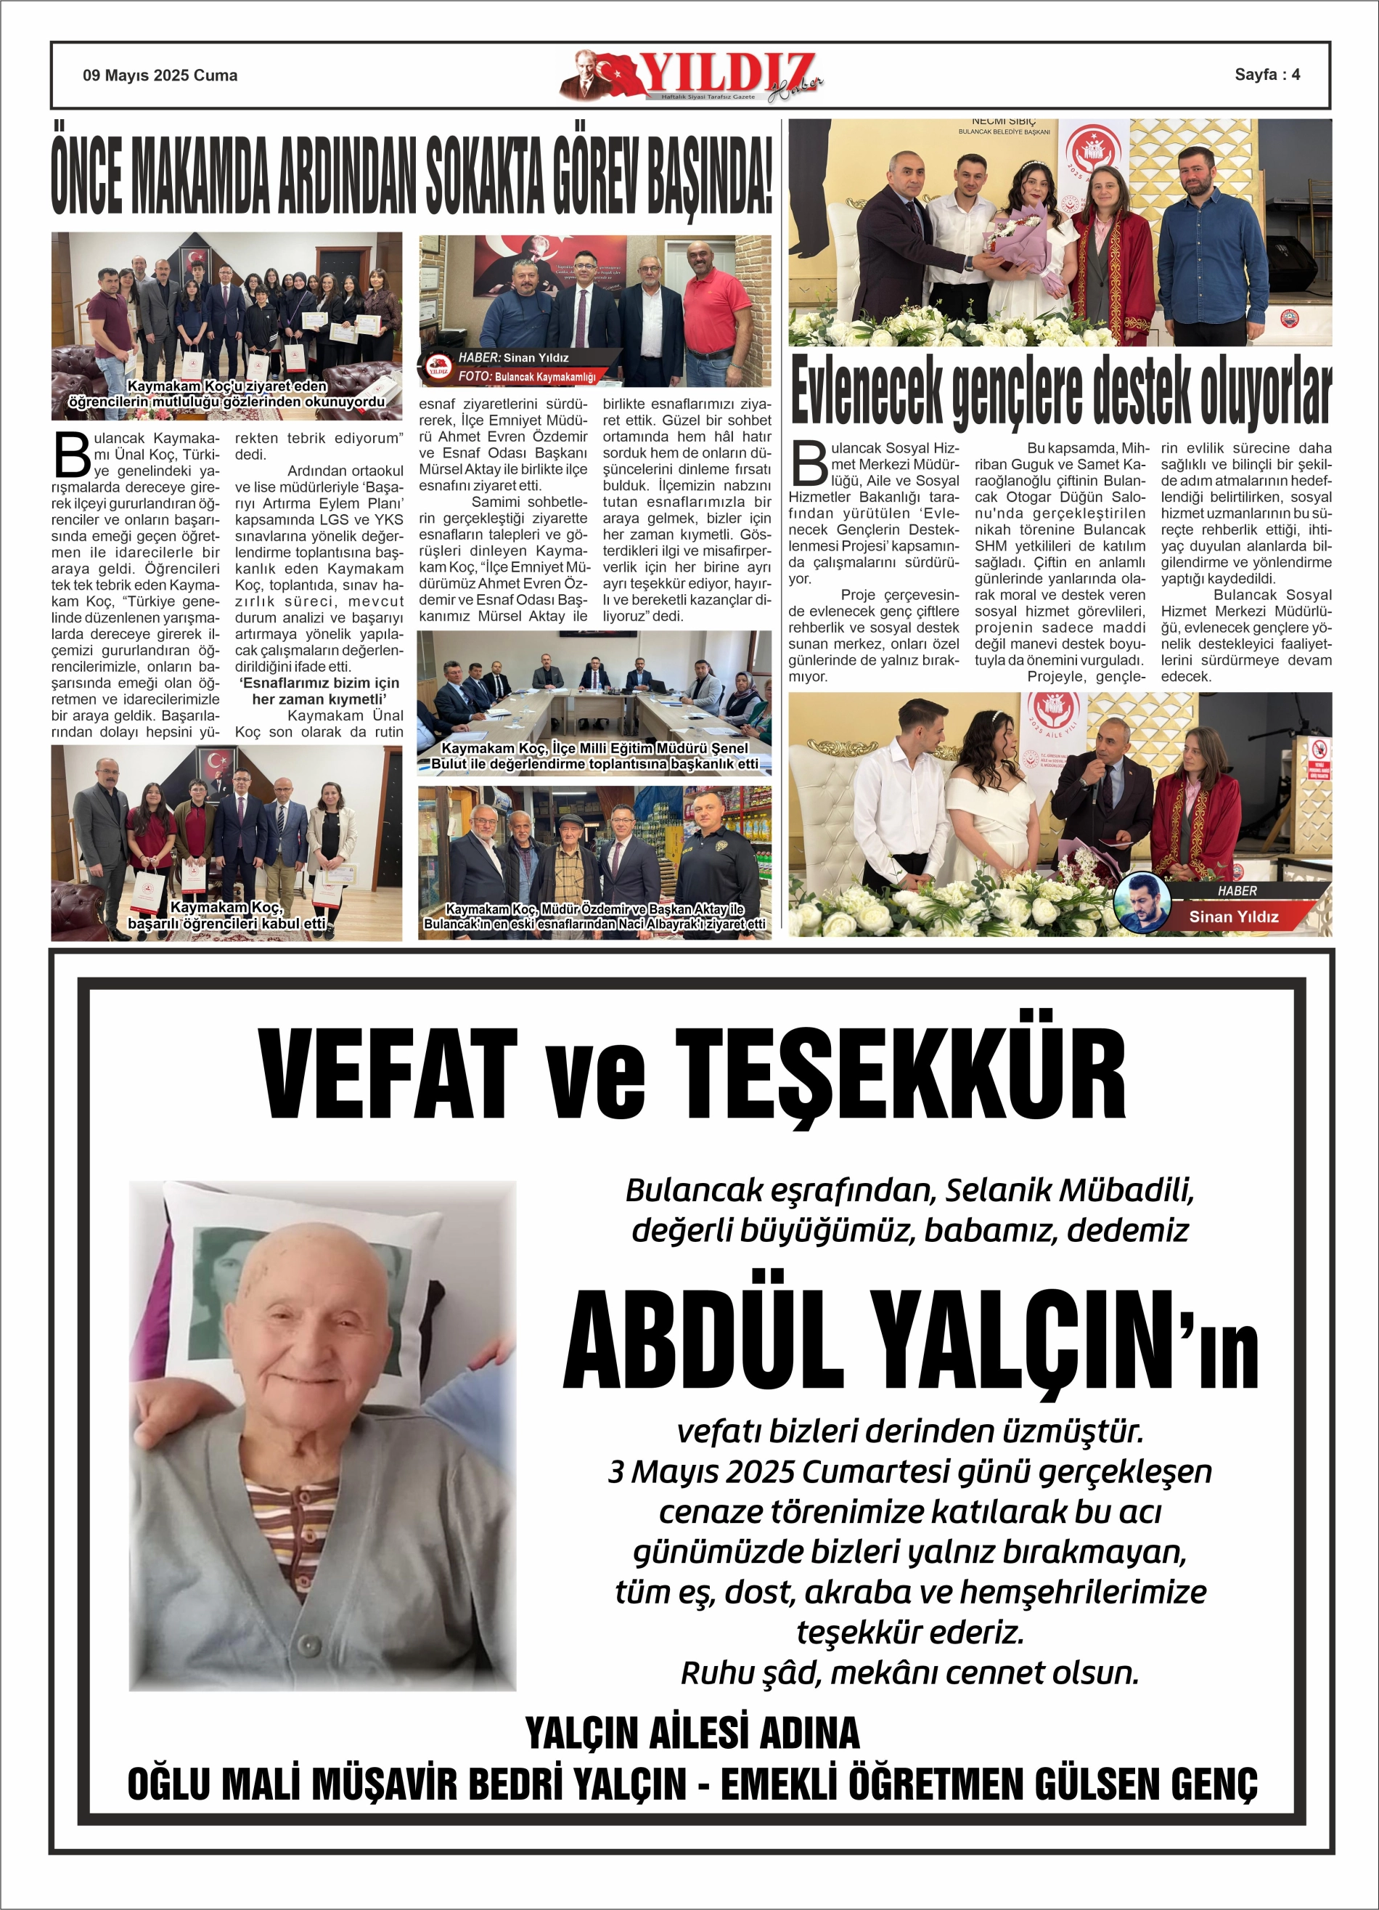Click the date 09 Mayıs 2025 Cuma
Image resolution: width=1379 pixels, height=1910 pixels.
pos(160,75)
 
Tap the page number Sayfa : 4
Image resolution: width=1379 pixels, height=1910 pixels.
pos(1267,74)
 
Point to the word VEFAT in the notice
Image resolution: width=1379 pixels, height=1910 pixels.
pos(388,1075)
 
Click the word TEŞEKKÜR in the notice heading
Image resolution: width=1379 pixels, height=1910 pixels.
pos(900,1075)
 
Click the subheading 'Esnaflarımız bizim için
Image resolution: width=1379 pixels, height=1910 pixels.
pos(319,683)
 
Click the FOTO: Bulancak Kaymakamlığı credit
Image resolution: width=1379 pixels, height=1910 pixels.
pos(527,376)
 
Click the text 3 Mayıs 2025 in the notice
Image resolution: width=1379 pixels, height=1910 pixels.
pos(701,1471)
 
